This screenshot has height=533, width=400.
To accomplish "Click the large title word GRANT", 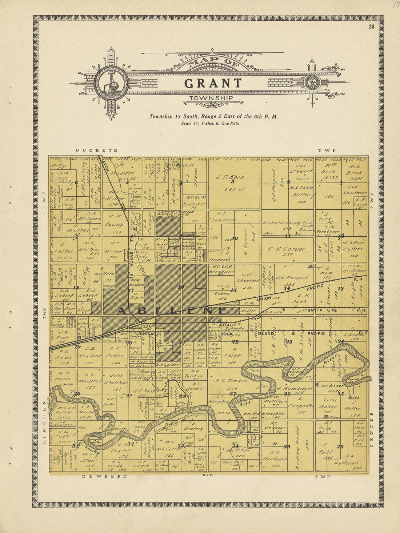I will click(x=213, y=83).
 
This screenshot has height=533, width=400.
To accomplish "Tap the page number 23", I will click(x=371, y=26).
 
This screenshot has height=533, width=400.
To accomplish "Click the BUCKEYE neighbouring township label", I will click(x=96, y=150).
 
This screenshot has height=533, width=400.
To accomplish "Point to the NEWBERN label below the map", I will click(x=104, y=476).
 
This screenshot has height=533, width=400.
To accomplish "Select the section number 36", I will click(x=340, y=446).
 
